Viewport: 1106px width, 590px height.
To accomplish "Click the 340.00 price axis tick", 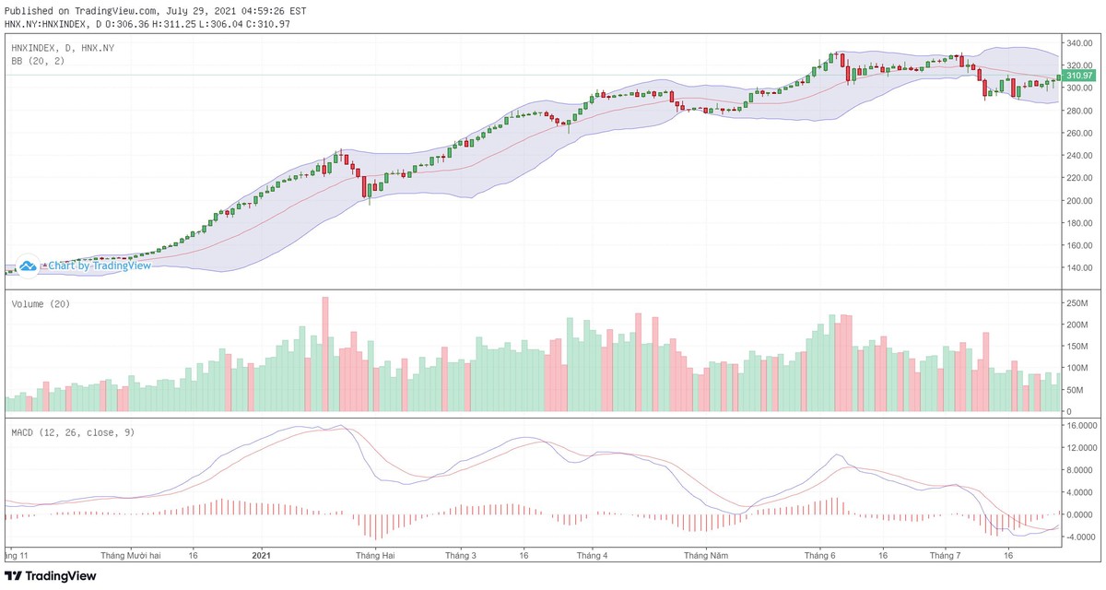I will [1079, 43].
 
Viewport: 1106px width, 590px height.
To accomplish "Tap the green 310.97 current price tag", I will [1078, 75].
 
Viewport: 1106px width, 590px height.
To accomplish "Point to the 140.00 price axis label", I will [1079, 268].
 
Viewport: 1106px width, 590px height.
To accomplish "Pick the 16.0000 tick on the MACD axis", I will [1079, 427].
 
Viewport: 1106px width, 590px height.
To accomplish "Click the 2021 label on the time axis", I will [261, 556].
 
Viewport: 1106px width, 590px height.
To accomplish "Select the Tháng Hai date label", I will [375, 556].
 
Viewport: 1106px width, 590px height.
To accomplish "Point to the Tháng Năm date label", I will [706, 556].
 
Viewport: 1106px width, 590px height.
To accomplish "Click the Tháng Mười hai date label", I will [131, 556].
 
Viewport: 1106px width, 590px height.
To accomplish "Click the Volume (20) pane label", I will [41, 304].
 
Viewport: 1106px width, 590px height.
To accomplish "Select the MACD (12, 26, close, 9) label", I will [73, 431].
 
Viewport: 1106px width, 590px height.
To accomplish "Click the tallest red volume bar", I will [324, 354].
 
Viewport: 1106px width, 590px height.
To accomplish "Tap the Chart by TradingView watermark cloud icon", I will [28, 265].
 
